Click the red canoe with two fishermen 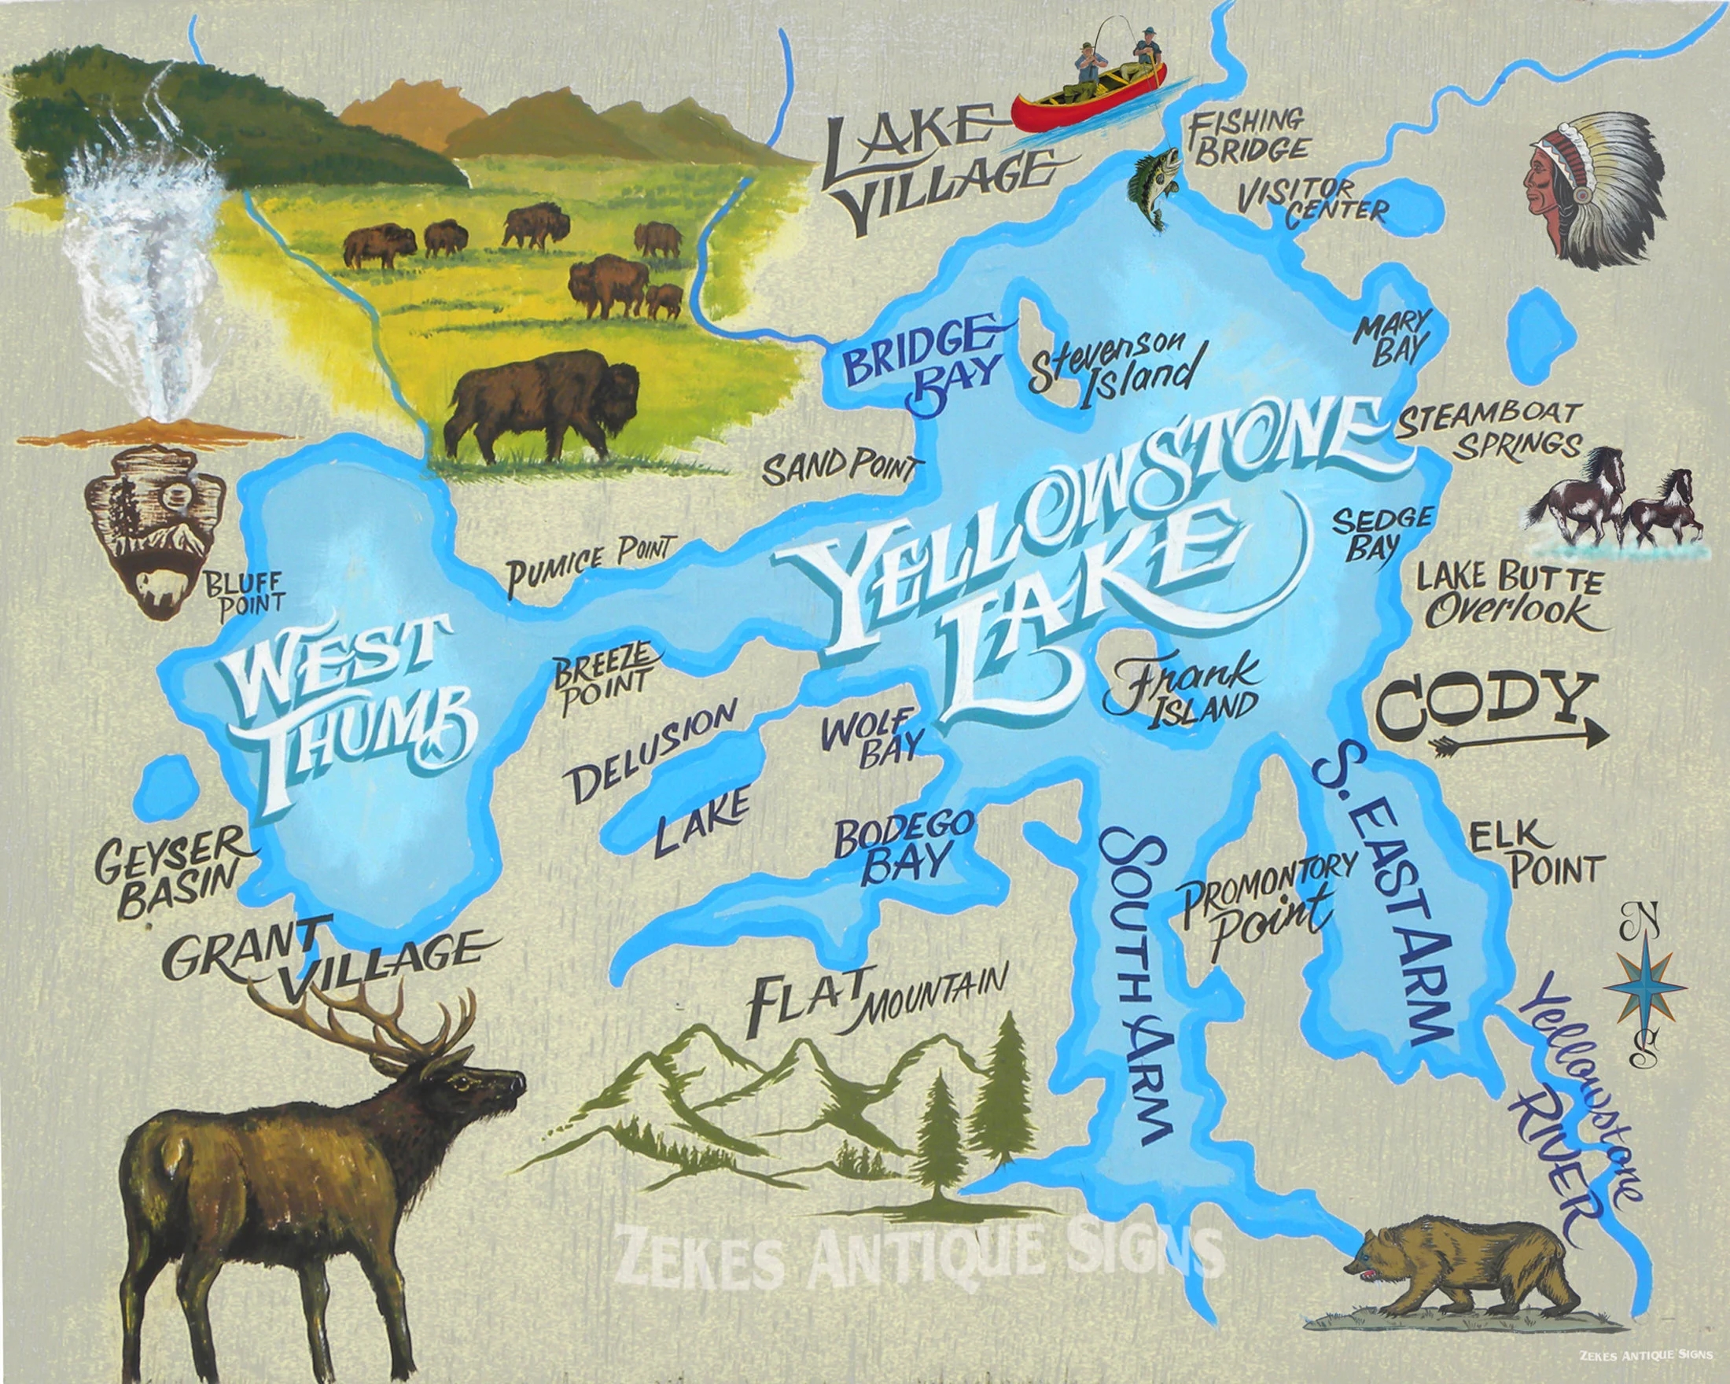pyautogui.click(x=1088, y=92)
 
